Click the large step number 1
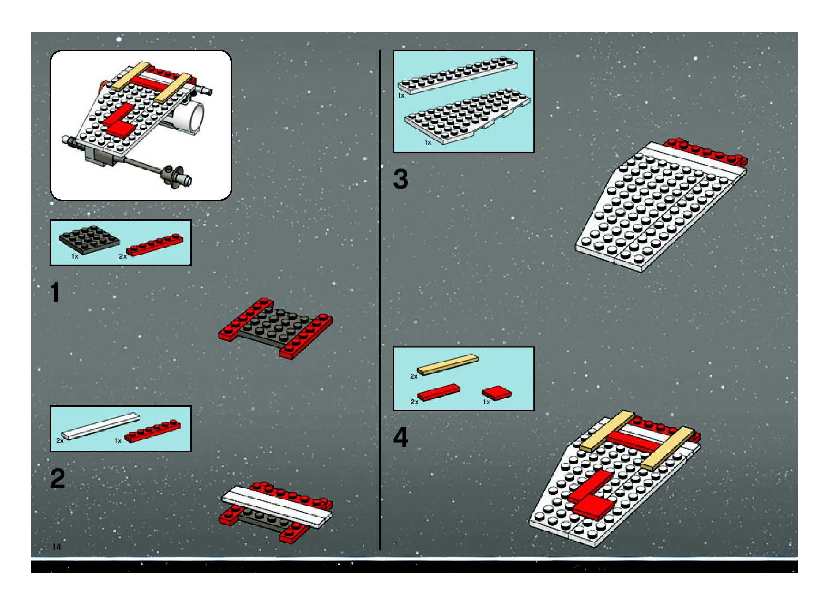click(55, 292)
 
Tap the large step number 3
click(400, 179)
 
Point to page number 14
click(56, 547)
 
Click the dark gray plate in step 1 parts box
click(89, 240)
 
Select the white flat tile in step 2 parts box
click(101, 426)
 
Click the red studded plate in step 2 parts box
click(153, 431)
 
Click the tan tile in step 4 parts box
click(447, 364)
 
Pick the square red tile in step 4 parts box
click(497, 393)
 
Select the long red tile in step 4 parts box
click(439, 392)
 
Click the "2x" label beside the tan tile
click(413, 376)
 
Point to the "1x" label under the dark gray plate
click(75, 256)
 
